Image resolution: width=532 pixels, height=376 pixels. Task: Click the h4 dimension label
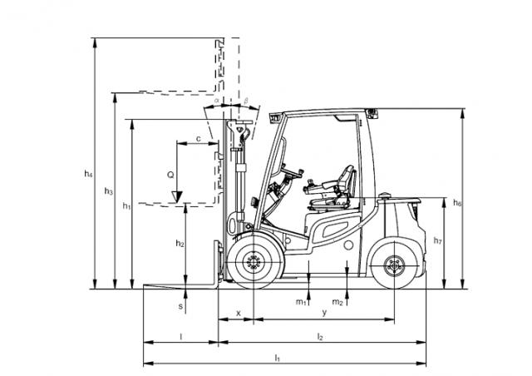pos(88,174)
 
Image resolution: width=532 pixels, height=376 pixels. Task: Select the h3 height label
pos(108,191)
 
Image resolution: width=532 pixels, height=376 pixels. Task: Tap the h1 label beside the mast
pos(126,205)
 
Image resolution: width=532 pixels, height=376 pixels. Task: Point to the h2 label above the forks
pos(180,243)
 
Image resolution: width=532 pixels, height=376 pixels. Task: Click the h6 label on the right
pos(457,203)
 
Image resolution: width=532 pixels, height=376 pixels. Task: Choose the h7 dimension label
pos(438,240)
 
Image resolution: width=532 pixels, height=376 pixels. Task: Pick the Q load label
pos(170,176)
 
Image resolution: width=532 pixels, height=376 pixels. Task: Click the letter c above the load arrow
pos(199,139)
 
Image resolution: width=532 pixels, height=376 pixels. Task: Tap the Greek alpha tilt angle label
pos(217,100)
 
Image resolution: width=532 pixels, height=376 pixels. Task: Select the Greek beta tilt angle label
pos(246,101)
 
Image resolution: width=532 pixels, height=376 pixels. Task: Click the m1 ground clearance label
pos(301,302)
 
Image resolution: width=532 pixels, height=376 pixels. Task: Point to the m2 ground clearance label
pos(337,302)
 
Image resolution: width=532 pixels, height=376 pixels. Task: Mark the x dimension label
pos(239,313)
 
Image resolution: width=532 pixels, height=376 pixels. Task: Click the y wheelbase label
pos(324,313)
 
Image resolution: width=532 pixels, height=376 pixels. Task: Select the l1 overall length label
pos(278,358)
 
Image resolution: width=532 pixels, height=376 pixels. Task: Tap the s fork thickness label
pos(180,306)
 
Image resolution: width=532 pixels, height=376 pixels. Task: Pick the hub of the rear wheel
pos(394,265)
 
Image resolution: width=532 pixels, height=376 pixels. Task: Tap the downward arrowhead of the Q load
pos(177,197)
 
